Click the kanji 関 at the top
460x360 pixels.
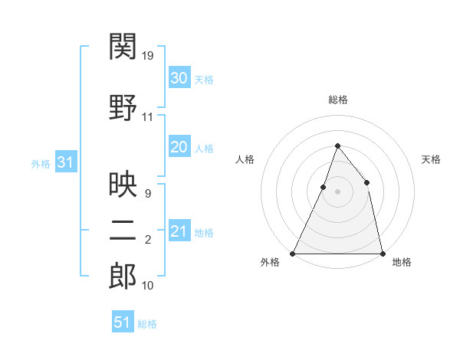[x=123, y=47]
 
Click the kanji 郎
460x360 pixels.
[x=123, y=277]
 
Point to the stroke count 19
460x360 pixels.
[x=149, y=56]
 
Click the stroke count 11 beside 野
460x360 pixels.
[x=148, y=117]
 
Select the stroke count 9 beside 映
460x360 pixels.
[x=148, y=194]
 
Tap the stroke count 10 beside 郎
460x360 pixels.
[x=148, y=286]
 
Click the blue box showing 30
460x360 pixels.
[x=179, y=77]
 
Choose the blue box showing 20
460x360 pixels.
[x=179, y=148]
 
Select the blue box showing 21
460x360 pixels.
[x=179, y=231]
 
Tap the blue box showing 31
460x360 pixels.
[x=66, y=162]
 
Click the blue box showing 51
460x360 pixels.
[x=123, y=322]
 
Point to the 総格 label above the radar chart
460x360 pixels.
[x=337, y=100]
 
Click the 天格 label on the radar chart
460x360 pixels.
[x=432, y=159]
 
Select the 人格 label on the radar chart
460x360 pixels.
[x=245, y=159]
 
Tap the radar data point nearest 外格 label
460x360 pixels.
[x=293, y=253]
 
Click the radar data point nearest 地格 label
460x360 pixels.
[x=382, y=253]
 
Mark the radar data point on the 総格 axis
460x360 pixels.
[x=337, y=146]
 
